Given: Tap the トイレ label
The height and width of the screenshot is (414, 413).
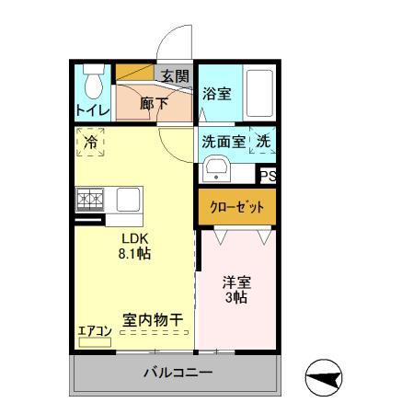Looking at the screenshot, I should tap(92, 111).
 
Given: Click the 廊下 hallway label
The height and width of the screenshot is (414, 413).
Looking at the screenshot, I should tap(154, 104).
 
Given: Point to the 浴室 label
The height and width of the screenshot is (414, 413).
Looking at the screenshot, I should tap(216, 92).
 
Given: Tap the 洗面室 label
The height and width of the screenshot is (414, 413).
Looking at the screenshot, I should tap(224, 143).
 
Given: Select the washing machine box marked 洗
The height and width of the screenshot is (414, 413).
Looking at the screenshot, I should tap(264, 143).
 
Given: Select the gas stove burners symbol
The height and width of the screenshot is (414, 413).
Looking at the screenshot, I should tap(92, 199).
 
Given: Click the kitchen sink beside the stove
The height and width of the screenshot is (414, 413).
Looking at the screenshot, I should tap(127, 199).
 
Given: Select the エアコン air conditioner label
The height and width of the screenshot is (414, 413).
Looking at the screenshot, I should tap(93, 330).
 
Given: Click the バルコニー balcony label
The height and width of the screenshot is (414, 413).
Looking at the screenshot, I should tap(177, 374).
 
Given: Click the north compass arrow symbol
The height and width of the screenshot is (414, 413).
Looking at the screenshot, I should tap(326, 377).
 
